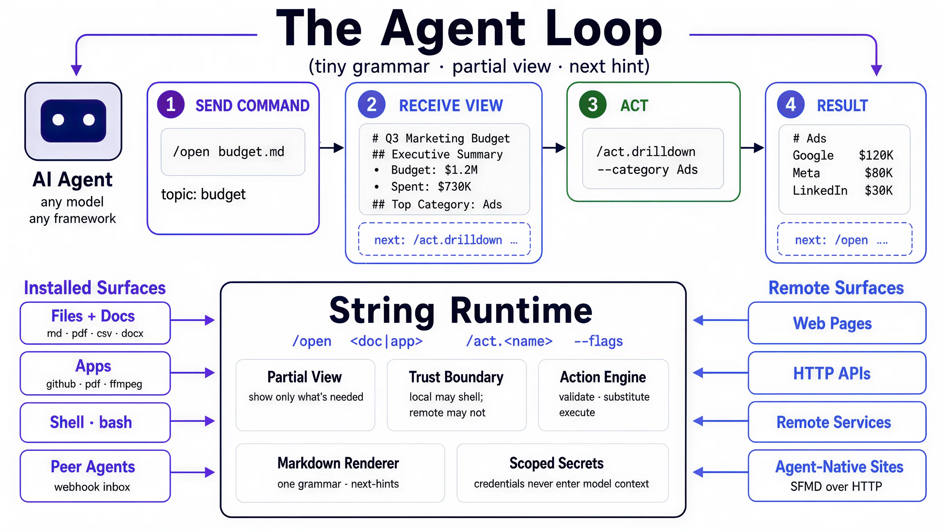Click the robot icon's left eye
click(x=58, y=120)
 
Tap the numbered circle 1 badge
click(x=170, y=105)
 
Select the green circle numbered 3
click(x=592, y=105)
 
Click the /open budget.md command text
click(x=229, y=151)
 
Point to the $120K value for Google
click(x=876, y=155)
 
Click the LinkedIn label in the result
click(x=820, y=190)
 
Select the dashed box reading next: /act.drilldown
click(x=444, y=239)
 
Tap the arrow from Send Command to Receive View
click(x=332, y=148)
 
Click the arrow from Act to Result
click(x=752, y=148)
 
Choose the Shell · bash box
click(x=95, y=422)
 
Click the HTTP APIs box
click(x=837, y=373)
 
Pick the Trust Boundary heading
click(x=456, y=377)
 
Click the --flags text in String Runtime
click(x=598, y=341)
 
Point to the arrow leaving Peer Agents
click(x=193, y=472)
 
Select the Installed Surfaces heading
click(x=95, y=287)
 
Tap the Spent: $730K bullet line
click(x=423, y=187)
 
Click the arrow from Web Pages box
click(x=721, y=320)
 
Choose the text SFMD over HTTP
click(x=836, y=487)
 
